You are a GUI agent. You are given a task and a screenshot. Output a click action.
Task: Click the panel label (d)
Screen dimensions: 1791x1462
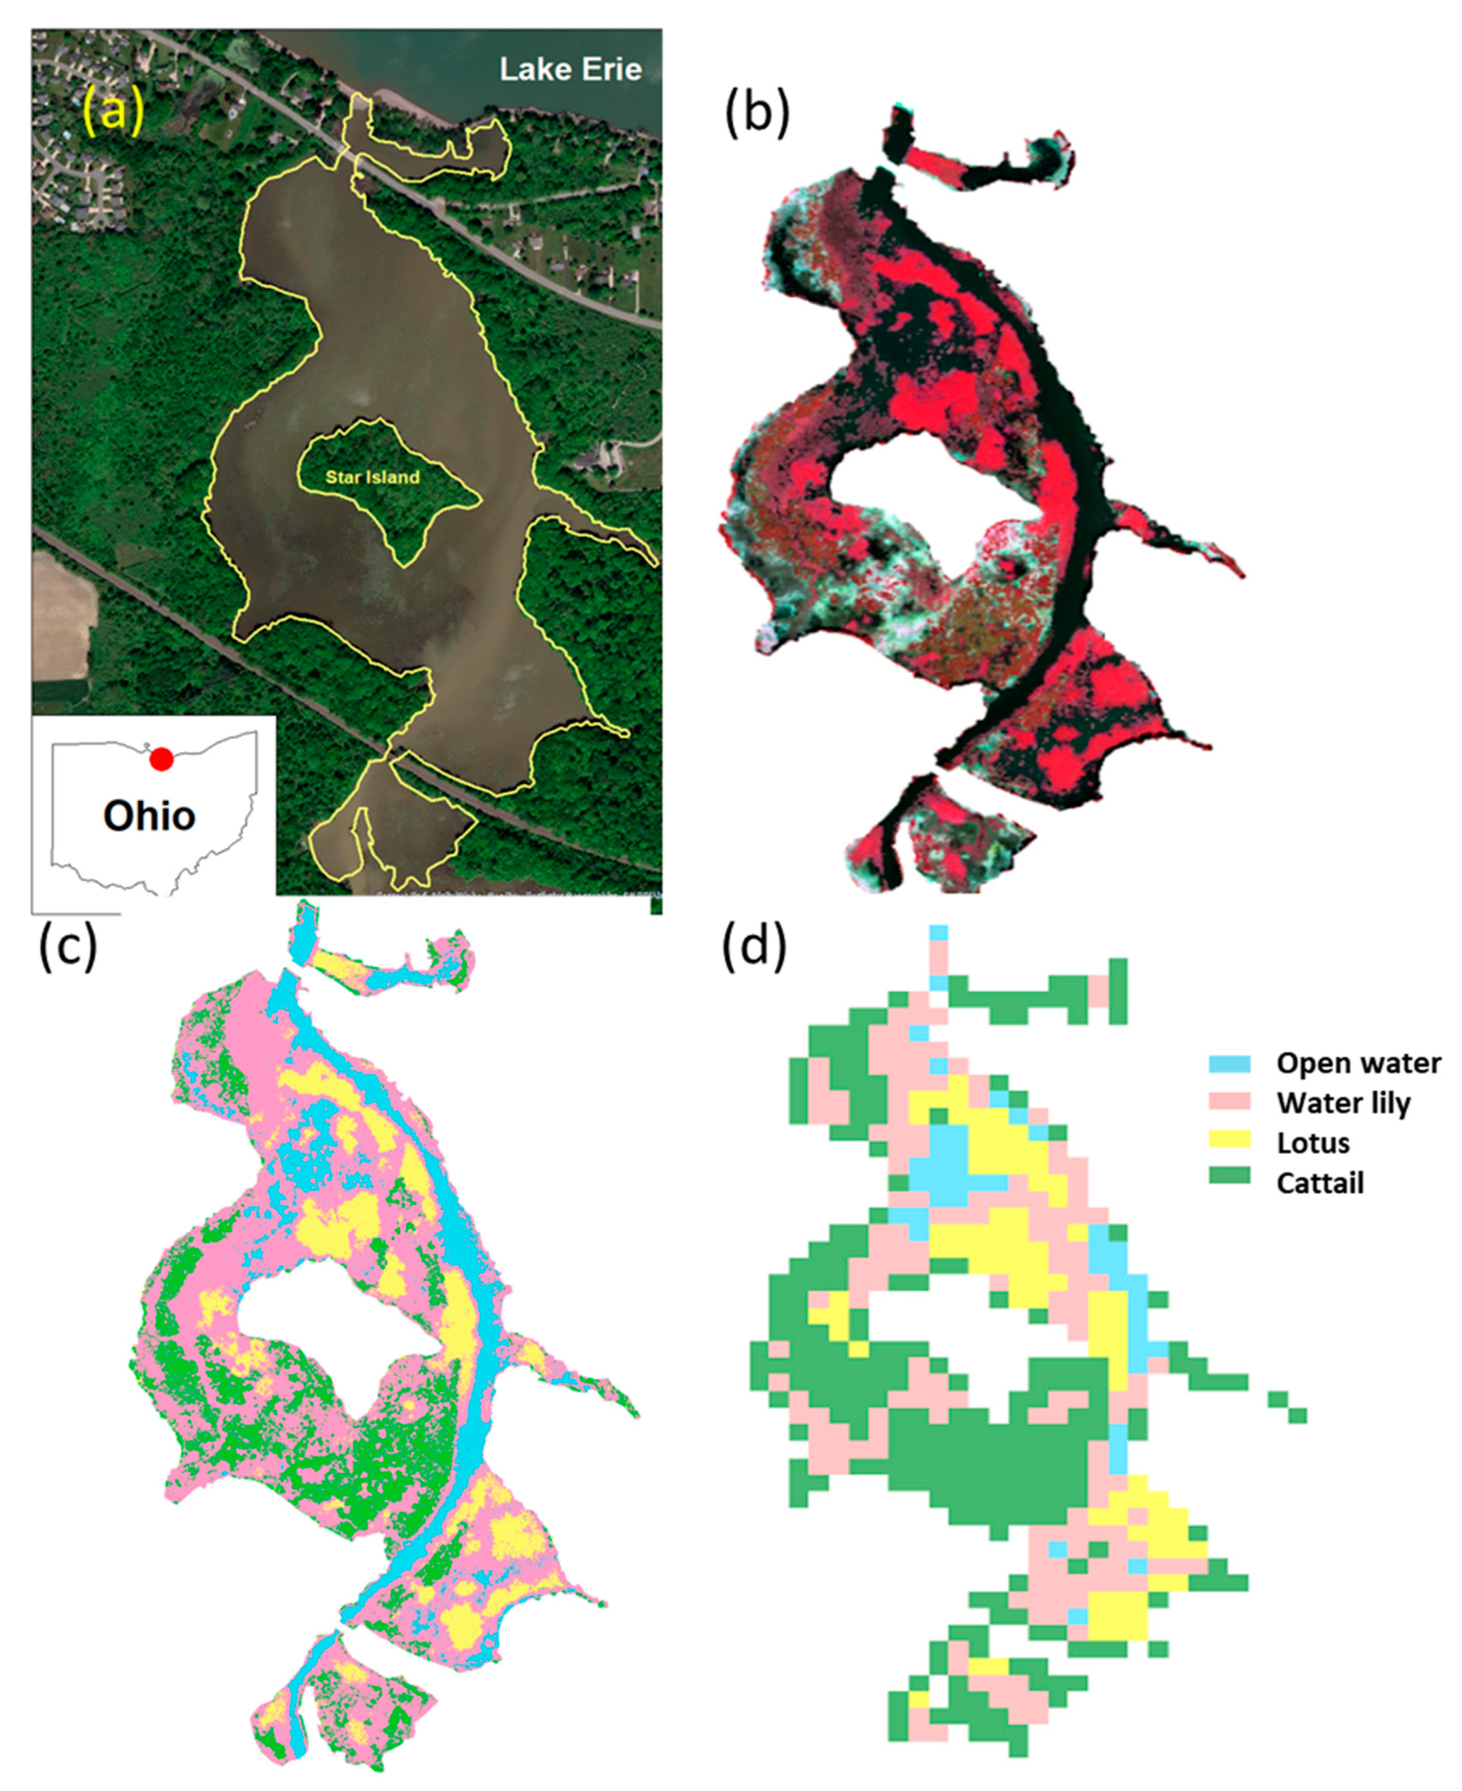754,947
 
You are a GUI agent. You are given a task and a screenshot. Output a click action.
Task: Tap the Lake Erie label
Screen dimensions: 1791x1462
570,69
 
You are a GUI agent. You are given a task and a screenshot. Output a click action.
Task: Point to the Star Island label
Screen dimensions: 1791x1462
372,478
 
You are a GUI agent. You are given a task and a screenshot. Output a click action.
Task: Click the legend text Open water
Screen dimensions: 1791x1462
1358,1063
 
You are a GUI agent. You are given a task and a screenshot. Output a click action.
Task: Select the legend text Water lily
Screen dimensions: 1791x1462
1342,1103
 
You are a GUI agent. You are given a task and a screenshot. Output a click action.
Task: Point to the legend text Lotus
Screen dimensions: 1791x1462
1314,1143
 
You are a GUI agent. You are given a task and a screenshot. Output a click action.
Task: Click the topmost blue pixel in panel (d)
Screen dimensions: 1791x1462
939,932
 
